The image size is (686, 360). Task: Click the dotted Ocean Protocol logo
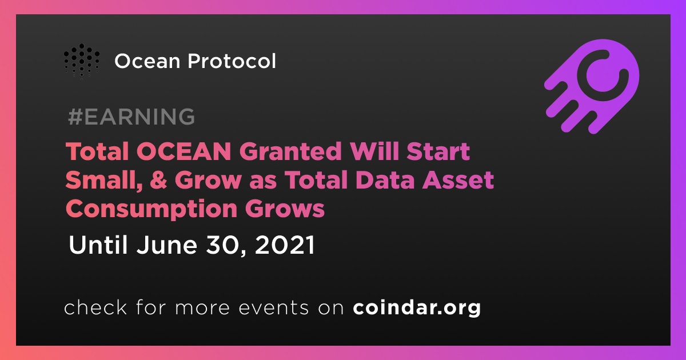point(81,62)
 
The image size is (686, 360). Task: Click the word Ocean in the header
point(147,61)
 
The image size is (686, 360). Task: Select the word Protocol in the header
point(232,61)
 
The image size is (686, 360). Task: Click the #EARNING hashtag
point(131,117)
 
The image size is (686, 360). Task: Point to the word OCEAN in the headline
point(184,151)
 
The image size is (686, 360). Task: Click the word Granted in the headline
point(290,151)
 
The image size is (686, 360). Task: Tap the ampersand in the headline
point(158,179)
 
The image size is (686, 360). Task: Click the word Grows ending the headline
point(285,209)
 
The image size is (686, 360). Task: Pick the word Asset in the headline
point(458,179)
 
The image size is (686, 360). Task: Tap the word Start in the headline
point(438,151)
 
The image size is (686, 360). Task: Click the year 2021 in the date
point(285,245)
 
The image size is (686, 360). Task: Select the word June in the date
point(166,245)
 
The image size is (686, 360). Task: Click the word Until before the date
point(98,245)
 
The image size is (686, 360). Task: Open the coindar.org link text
point(417,307)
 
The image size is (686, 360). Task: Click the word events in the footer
point(274,308)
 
